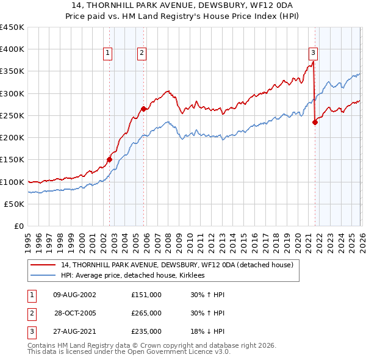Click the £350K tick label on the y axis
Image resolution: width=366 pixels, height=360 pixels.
point(12,71)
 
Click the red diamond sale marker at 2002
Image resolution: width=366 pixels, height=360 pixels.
point(110,159)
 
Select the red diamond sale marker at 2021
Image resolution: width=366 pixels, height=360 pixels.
point(315,122)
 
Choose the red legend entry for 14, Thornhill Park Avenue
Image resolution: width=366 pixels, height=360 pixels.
point(177,265)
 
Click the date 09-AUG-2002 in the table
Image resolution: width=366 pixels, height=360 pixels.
point(74,295)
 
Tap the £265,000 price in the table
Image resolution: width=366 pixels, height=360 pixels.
point(146,313)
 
